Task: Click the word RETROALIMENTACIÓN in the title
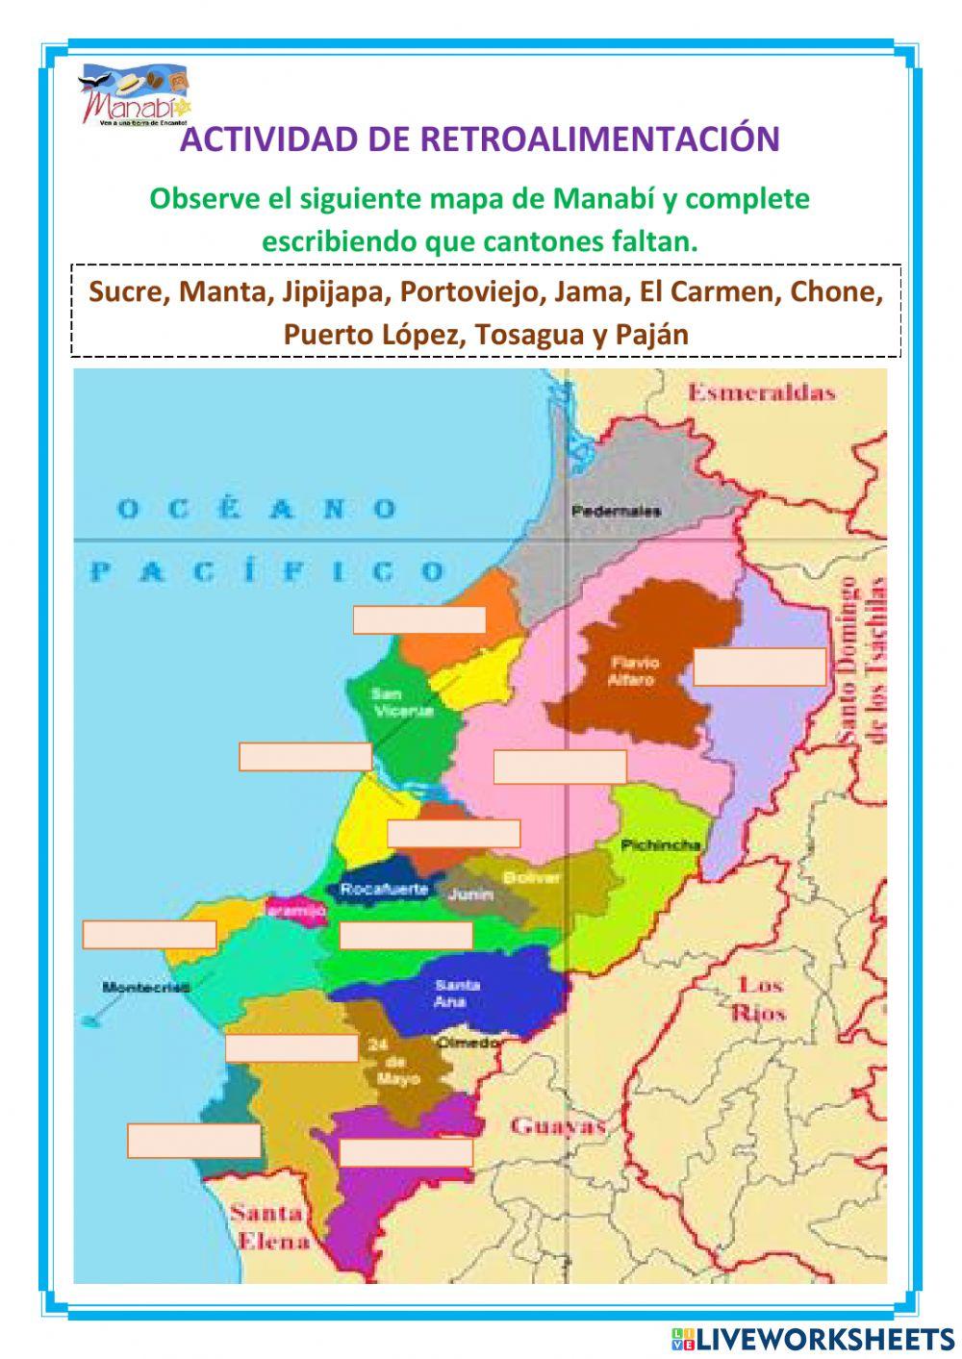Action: click(x=599, y=139)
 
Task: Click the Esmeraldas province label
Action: click(x=761, y=392)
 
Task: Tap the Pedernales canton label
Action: click(x=616, y=511)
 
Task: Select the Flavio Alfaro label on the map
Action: click(x=632, y=671)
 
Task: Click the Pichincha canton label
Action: click(x=660, y=845)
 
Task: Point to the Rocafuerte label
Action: click(x=384, y=890)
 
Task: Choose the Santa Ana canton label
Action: click(x=457, y=994)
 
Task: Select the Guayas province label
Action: click(x=558, y=1126)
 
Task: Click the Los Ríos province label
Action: click(x=760, y=998)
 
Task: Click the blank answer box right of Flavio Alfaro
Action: click(x=759, y=667)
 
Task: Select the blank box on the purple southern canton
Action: click(x=405, y=1152)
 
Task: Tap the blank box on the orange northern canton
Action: click(x=418, y=620)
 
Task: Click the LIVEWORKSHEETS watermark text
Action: click(x=824, y=1338)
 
